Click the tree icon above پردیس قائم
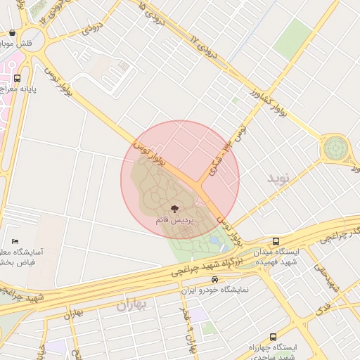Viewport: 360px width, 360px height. click(174, 208)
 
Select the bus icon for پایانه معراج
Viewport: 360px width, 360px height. click(17, 78)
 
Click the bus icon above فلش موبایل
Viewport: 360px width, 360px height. click(13, 32)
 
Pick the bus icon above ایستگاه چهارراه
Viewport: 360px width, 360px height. click(273, 337)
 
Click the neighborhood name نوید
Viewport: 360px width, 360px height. click(278, 178)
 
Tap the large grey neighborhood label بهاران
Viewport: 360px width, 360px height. click(134, 304)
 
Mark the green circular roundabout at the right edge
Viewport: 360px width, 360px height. click(335, 149)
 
